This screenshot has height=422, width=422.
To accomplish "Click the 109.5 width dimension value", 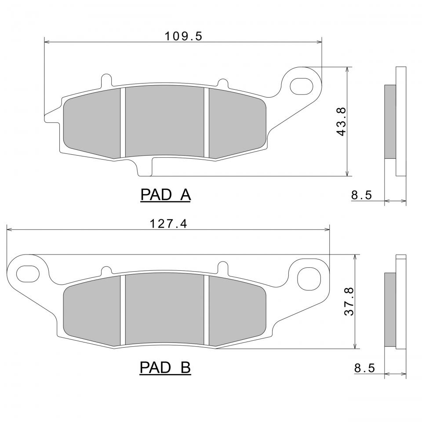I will (183, 36).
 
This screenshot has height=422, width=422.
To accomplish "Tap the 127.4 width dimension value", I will (168, 224).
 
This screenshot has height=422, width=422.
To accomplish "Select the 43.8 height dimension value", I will (341, 122).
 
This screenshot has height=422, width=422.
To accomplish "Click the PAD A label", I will (165, 195).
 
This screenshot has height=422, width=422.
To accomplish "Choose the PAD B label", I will (165, 367).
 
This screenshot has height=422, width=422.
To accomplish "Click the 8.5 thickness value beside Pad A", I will (362, 195).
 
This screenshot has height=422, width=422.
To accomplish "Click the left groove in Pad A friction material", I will (123, 122).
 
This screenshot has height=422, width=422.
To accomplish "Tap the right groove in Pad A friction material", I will (206, 122).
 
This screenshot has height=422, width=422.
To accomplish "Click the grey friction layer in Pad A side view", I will (390, 121).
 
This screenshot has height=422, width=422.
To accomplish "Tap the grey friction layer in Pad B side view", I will (390, 309).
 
